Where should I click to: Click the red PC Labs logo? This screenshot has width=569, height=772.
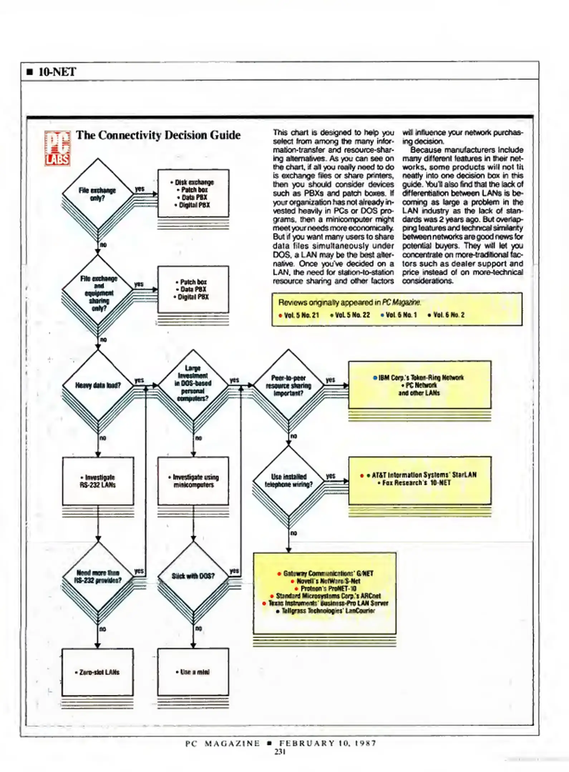57,148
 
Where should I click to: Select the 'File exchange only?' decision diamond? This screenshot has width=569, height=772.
98,194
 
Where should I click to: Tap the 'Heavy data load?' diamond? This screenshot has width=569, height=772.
98,385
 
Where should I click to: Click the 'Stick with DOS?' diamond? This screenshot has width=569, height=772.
193,576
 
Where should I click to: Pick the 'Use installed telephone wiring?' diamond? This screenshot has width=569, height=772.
288,481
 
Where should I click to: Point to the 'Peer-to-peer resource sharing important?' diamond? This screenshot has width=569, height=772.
288,385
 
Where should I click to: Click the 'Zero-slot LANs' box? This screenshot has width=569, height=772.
98,672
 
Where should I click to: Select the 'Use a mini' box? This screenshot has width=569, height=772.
193,672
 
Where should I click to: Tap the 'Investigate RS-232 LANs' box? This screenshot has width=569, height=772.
98,481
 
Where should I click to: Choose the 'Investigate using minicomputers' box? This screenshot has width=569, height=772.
193,481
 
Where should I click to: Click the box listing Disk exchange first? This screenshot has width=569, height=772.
193,193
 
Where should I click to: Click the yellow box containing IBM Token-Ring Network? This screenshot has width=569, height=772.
420,385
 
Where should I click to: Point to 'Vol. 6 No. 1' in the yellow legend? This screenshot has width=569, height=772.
401,315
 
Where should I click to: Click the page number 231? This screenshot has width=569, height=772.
280,752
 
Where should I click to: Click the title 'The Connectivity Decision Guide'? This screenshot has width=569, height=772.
158,135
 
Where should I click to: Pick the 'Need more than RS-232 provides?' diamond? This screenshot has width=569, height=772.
98,576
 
